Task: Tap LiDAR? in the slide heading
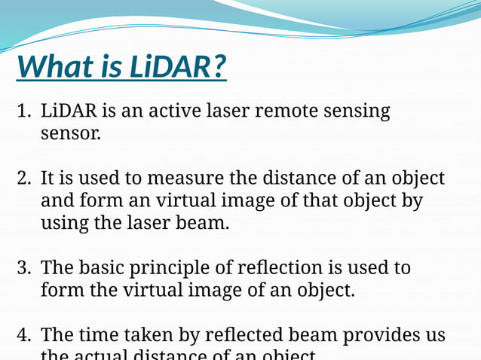pyautogui.click(x=176, y=67)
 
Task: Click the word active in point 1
pyautogui.click(x=170, y=112)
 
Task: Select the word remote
pyautogui.click(x=288, y=112)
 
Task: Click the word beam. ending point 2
pyautogui.click(x=204, y=224)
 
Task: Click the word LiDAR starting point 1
pyautogui.click(x=69, y=112)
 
